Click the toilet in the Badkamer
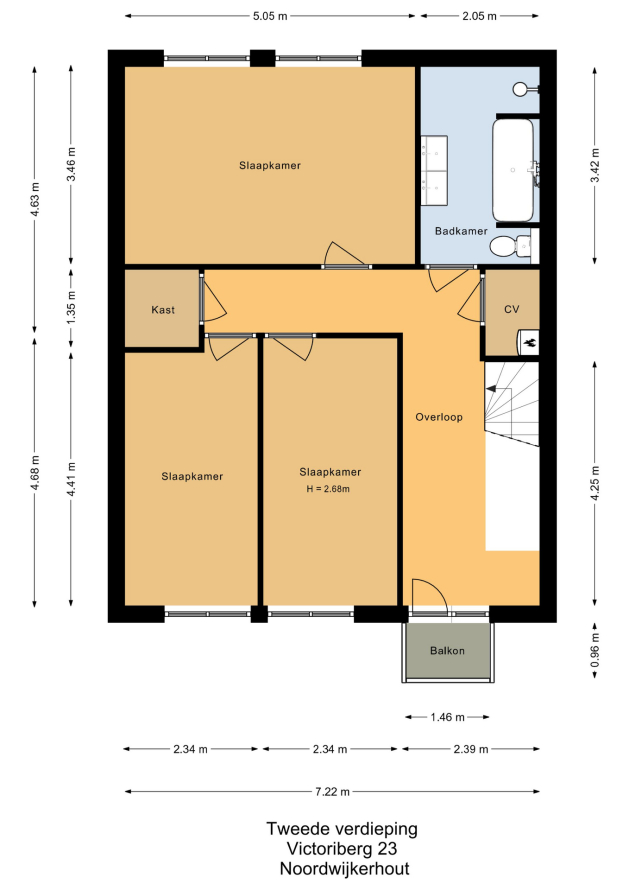510,246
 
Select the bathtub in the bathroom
513,169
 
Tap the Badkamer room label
461,231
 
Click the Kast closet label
163,310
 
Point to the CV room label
511,309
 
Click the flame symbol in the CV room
532,342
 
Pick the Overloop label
439,417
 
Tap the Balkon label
447,650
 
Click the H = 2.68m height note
328,489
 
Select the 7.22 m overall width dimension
332,791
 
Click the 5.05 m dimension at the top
270,16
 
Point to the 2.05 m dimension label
479,16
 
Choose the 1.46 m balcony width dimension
447,717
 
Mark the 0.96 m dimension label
595,650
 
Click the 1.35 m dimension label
71,308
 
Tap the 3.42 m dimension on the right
595,165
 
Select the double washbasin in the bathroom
434,170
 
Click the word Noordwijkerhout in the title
345,868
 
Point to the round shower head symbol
519,89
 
